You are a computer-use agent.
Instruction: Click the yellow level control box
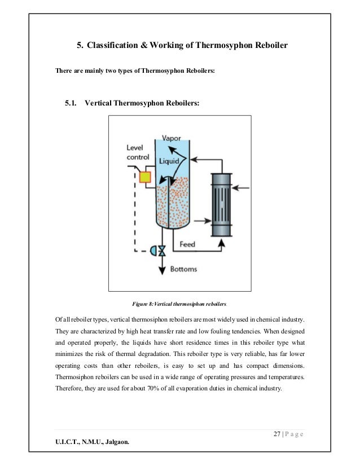pos(146,178)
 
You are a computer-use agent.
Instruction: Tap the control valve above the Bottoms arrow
pos(163,250)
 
